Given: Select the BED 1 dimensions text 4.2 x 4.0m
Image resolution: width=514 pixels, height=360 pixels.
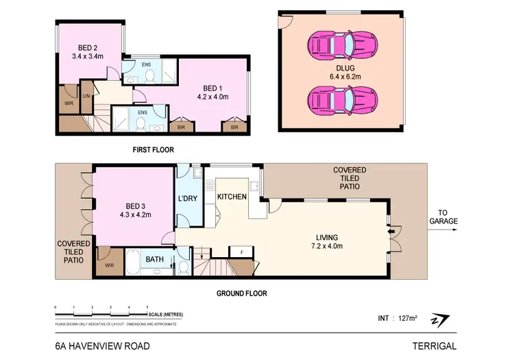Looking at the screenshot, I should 214,97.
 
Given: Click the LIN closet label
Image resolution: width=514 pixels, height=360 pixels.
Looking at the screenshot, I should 86,95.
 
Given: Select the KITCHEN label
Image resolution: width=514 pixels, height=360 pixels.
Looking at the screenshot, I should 232,197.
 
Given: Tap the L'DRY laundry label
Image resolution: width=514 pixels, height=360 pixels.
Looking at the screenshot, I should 188,198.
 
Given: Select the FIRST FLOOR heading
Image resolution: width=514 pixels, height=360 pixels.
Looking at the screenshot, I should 154,149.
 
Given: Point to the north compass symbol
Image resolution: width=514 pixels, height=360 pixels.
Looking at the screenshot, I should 440,320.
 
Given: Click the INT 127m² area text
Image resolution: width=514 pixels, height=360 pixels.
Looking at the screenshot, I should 397,318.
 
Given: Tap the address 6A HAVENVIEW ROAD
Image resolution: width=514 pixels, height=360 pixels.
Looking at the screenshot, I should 102,346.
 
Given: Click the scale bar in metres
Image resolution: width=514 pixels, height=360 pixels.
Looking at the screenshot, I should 101,313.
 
